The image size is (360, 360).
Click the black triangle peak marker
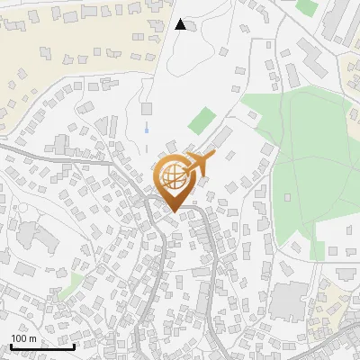(x=180, y=24)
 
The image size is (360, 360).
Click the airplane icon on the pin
(x=200, y=163)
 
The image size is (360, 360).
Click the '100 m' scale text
(x=24, y=337)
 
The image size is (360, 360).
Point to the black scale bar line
(x=42, y=346)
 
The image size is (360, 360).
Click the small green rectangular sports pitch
(x=204, y=118)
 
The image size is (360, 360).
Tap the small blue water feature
(x=146, y=130)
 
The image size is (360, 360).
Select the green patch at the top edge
(x=307, y=6)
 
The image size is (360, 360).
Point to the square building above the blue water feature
(x=147, y=109)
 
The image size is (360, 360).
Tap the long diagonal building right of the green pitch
(x=220, y=136)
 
